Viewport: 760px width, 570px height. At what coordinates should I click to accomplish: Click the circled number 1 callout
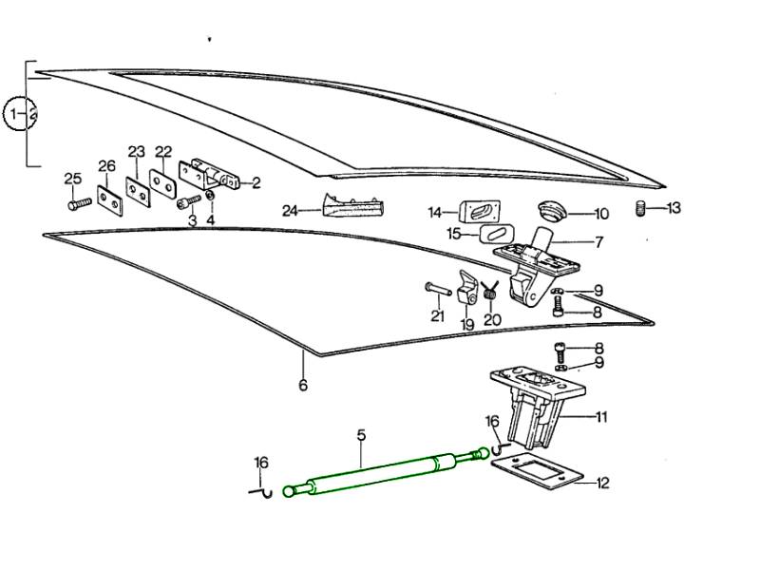[x=16, y=115]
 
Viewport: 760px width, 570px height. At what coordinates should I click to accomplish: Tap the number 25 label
[x=73, y=179]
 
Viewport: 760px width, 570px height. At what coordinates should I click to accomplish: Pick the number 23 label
[x=137, y=152]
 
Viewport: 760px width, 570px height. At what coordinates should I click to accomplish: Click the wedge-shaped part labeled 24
[x=353, y=204]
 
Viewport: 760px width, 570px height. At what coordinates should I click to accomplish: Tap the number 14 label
[x=435, y=212]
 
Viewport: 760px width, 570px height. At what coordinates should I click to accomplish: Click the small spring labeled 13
[x=641, y=208]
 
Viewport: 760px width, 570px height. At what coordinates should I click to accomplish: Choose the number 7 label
[x=598, y=242]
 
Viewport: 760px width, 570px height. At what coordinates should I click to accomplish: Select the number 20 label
[x=491, y=320]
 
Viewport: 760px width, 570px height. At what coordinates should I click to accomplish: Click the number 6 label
[x=303, y=386]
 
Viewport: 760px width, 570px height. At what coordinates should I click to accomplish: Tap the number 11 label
[x=601, y=416]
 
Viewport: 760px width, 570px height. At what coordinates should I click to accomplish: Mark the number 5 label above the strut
[x=361, y=435]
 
